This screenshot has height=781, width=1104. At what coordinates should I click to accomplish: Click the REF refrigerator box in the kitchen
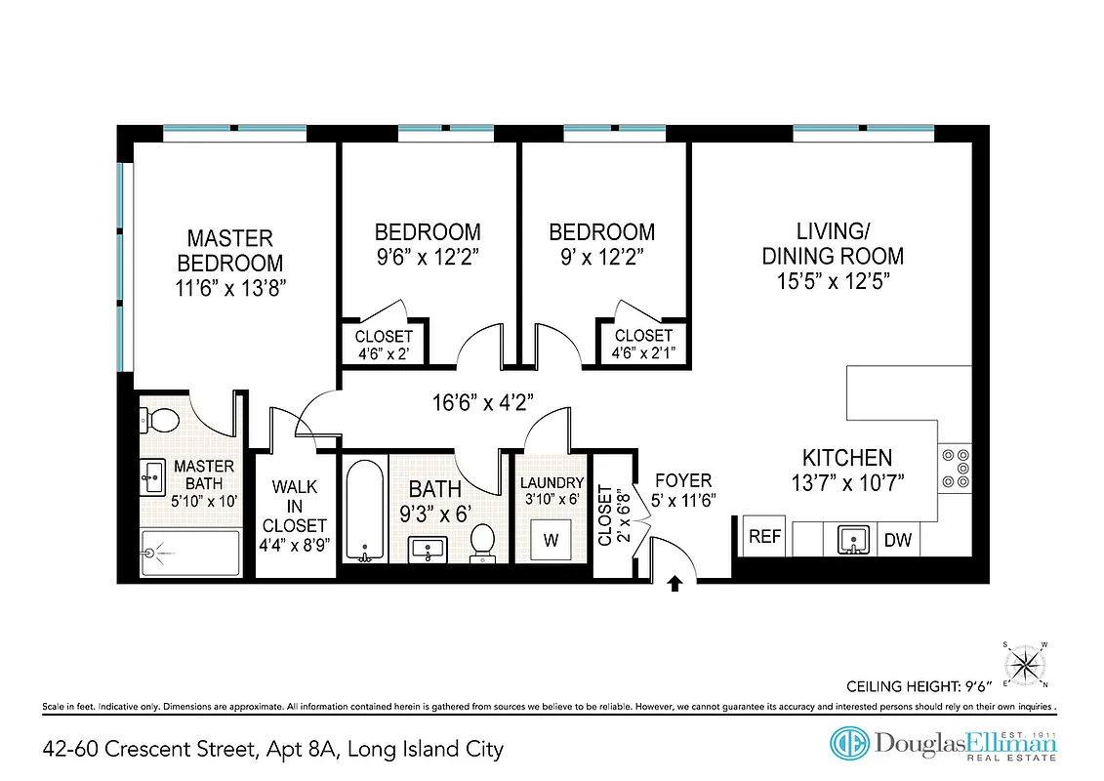click(765, 536)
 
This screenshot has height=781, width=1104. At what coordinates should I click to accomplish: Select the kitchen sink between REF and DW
click(852, 538)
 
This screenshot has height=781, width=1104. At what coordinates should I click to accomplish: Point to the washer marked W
click(551, 539)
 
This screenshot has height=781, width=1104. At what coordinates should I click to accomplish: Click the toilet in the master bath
click(160, 421)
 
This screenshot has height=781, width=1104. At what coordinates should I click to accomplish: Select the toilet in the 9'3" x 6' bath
click(482, 543)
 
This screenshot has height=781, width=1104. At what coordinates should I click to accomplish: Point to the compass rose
click(1025, 664)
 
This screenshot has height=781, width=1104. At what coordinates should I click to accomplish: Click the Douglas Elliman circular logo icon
click(848, 743)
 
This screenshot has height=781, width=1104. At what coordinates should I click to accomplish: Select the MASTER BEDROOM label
click(230, 251)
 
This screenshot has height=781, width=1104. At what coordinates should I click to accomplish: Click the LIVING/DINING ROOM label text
click(833, 244)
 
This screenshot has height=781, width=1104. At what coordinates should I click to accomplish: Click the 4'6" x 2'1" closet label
click(643, 345)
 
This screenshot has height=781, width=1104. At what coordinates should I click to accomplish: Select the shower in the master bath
click(190, 555)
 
